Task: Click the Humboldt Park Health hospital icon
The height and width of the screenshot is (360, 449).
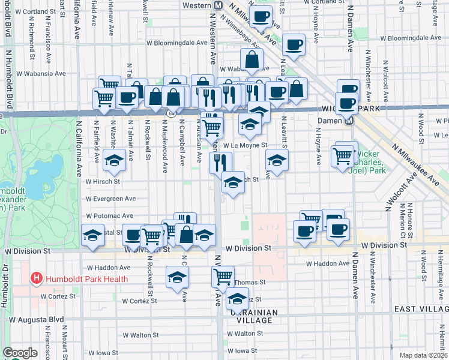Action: (x=37, y=278)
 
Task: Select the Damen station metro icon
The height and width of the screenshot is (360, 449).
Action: (x=348, y=120)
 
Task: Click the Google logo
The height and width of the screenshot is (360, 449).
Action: (x=20, y=352)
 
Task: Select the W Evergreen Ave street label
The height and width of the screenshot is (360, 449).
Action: (x=110, y=199)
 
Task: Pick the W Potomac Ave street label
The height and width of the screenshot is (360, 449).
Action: (x=109, y=216)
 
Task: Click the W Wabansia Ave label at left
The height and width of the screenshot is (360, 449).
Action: (x=41, y=74)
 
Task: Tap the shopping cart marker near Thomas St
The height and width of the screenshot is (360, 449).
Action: (x=223, y=277)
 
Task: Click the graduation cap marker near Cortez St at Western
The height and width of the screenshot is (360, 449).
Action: (x=238, y=298)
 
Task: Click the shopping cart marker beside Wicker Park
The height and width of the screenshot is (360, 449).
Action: (x=342, y=156)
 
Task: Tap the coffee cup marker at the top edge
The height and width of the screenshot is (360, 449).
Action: (x=260, y=16)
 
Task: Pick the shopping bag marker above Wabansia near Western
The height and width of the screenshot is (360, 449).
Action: (x=252, y=59)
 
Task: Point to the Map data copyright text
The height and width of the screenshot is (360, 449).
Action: (x=423, y=355)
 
